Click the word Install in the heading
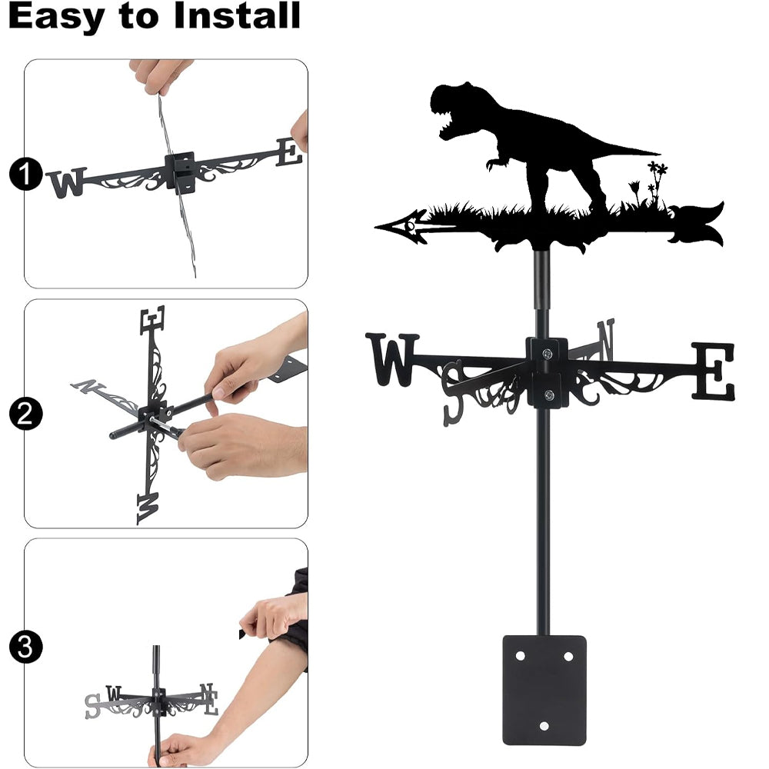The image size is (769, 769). click(x=237, y=15)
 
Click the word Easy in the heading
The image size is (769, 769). click(x=55, y=18)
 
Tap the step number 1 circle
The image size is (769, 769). click(x=25, y=174)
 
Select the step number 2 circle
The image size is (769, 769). click(x=25, y=414)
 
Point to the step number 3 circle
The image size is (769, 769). click(x=25, y=647)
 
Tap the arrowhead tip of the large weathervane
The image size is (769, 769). click(x=377, y=227)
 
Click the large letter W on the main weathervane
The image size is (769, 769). click(x=392, y=359)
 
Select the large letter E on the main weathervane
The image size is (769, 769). click(x=714, y=371)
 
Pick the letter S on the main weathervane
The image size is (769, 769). click(x=454, y=392)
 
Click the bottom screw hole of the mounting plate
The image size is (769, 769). click(x=544, y=726)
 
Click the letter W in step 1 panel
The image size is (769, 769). click(x=68, y=181)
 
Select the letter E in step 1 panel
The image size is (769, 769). click(x=289, y=152)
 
